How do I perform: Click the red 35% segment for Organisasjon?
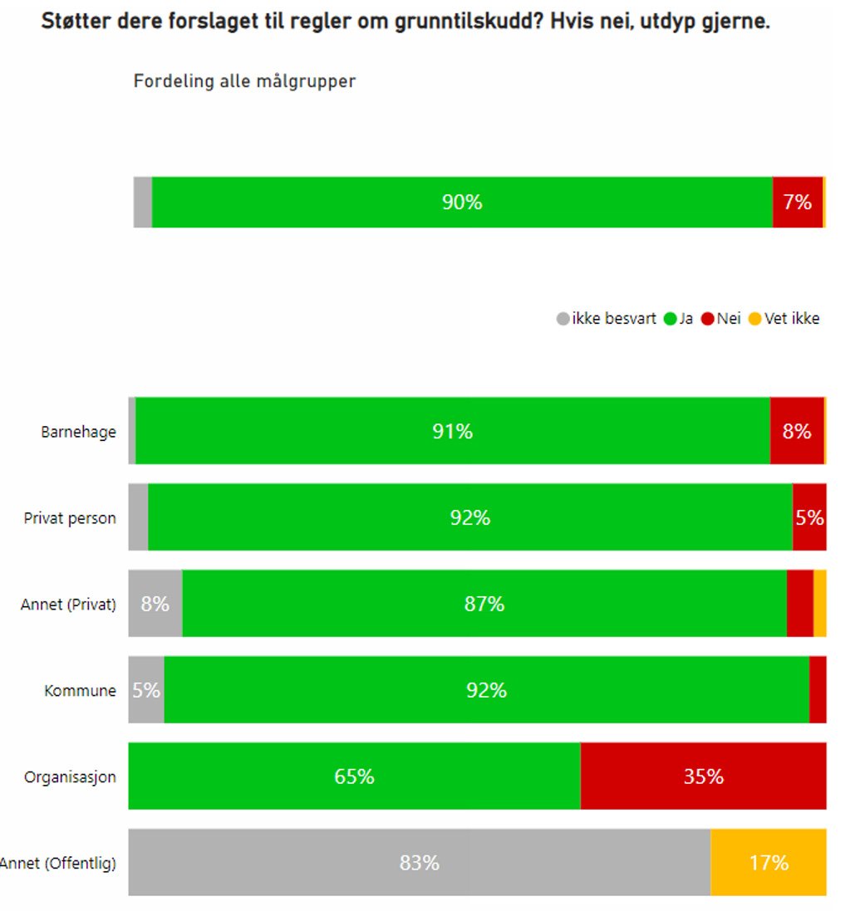pos(703,776)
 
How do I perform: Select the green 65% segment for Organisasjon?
pos(354,776)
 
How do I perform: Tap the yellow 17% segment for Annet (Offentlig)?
pos(768,862)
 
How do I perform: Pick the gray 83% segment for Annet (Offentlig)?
pos(419,862)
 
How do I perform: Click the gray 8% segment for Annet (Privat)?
pos(155,603)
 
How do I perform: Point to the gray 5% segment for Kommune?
pos(146,689)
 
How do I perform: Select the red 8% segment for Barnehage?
pos(796,430)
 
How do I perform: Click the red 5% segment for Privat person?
pos(808,517)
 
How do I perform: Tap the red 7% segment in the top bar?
pos(797,202)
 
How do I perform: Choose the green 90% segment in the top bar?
pos(462,202)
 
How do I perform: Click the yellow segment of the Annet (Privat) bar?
pos(819,603)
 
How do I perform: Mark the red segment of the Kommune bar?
pos(818,689)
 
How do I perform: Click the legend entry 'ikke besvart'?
pos(613,318)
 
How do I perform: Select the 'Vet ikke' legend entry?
pos(791,318)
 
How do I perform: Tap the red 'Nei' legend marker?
pos(707,318)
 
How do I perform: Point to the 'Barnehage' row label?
pos(79,432)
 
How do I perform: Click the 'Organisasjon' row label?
pos(70,777)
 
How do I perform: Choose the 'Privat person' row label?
pos(70,518)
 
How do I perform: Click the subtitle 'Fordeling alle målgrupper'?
pos(244,81)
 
